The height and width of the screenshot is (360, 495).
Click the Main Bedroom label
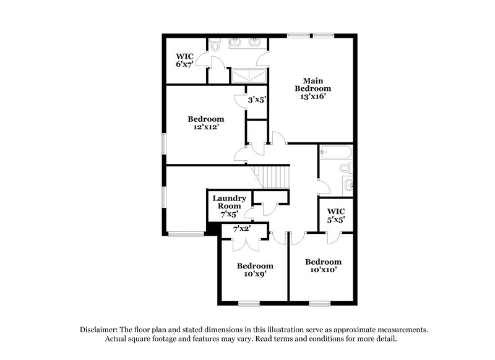click(x=312, y=84)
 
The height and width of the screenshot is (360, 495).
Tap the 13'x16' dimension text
click(x=312, y=96)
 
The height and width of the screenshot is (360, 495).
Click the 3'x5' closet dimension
click(x=257, y=99)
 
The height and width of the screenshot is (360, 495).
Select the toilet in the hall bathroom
click(x=345, y=169)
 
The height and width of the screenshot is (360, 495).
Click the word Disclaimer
click(x=101, y=330)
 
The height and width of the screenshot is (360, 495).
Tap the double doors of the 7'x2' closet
click(x=241, y=242)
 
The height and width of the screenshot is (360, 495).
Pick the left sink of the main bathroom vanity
click(x=236, y=43)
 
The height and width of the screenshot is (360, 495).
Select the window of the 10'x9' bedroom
click(x=249, y=303)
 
